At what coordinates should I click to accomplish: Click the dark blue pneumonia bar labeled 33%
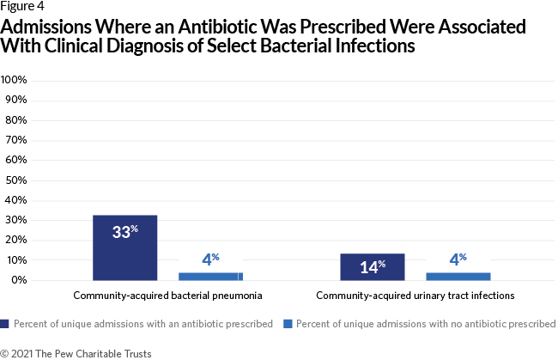tap(125, 247)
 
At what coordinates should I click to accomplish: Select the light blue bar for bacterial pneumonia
tap(210, 277)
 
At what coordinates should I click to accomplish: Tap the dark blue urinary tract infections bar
tap(373, 267)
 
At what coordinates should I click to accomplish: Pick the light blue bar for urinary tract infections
tap(458, 277)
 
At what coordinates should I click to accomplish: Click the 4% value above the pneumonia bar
tap(210, 259)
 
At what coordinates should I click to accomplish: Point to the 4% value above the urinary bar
tap(458, 259)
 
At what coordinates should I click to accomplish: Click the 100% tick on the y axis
tap(14, 80)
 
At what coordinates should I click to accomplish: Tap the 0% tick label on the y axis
tap(19, 280)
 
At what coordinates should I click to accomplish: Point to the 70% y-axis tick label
tap(16, 140)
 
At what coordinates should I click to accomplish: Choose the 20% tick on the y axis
tap(16, 240)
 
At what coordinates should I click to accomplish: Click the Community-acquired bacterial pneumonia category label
tap(167, 296)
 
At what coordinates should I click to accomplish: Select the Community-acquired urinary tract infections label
tap(415, 296)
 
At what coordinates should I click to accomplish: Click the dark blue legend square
tap(4, 324)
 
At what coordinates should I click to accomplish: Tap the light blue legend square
tap(288, 324)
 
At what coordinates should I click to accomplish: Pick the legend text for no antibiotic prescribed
tap(426, 324)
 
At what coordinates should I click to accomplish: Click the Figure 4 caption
tap(22, 6)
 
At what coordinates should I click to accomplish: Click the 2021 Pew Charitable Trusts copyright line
tap(76, 354)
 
